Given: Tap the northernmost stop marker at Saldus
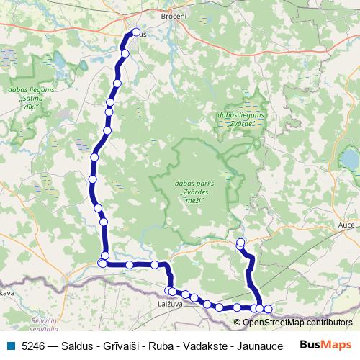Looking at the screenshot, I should (135, 32).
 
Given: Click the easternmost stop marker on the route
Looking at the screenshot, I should (269, 310).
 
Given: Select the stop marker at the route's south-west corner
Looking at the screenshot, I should (102, 264).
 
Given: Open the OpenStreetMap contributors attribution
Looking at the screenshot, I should (297, 323).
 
